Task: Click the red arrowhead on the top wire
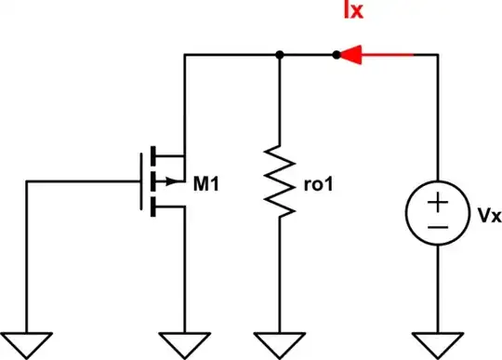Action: tap(351, 56)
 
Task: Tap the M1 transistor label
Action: tap(206, 183)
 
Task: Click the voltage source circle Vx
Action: tap(437, 214)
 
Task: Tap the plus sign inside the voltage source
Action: tap(437, 203)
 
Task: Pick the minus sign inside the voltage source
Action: tap(437, 226)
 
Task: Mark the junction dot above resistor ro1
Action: tap(280, 56)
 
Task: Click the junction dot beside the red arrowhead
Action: tap(336, 56)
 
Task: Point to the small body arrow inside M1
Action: tap(169, 182)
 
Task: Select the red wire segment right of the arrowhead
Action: tap(390, 56)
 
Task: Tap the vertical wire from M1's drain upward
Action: tap(184, 102)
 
